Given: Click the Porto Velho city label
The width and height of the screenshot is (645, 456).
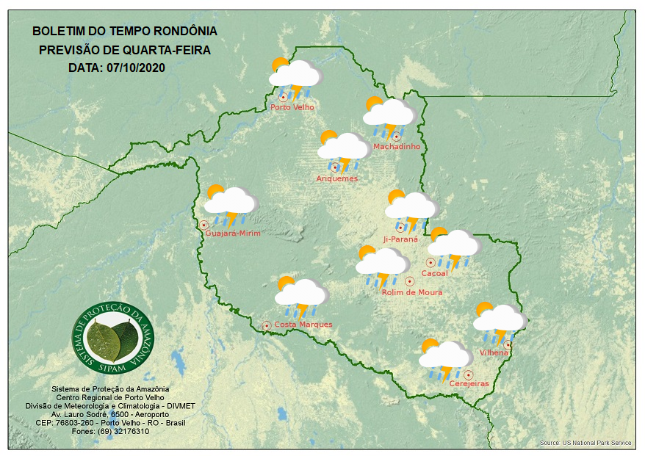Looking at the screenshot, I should (292, 107).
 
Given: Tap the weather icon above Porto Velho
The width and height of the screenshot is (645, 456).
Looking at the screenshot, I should (295, 76).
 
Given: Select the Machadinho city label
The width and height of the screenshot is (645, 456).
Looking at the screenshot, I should (397, 147).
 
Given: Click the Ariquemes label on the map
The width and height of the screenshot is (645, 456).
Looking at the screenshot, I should (337, 178).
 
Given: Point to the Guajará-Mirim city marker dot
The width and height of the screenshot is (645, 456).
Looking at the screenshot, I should (203, 225).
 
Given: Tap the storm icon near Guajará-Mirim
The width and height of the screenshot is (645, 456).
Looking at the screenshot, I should (231, 203).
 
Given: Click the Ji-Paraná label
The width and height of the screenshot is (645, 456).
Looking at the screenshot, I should (400, 239).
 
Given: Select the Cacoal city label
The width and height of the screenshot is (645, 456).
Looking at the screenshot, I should (434, 273).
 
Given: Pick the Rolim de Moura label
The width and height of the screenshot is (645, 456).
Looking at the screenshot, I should (412, 292).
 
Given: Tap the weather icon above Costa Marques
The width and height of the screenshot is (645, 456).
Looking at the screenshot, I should (300, 294).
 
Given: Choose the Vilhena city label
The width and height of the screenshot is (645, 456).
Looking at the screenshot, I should (494, 352).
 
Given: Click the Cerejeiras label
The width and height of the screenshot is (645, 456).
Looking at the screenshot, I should (469, 384).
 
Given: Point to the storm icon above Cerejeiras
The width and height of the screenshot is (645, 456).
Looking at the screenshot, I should (445, 358).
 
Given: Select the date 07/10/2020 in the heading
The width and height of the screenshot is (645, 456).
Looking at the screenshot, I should (137, 68).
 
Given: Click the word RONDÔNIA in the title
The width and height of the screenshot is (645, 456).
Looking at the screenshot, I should (184, 32).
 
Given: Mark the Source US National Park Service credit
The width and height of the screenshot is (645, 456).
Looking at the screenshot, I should (585, 444).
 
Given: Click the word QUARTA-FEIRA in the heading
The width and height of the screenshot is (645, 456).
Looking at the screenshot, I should (167, 50).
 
